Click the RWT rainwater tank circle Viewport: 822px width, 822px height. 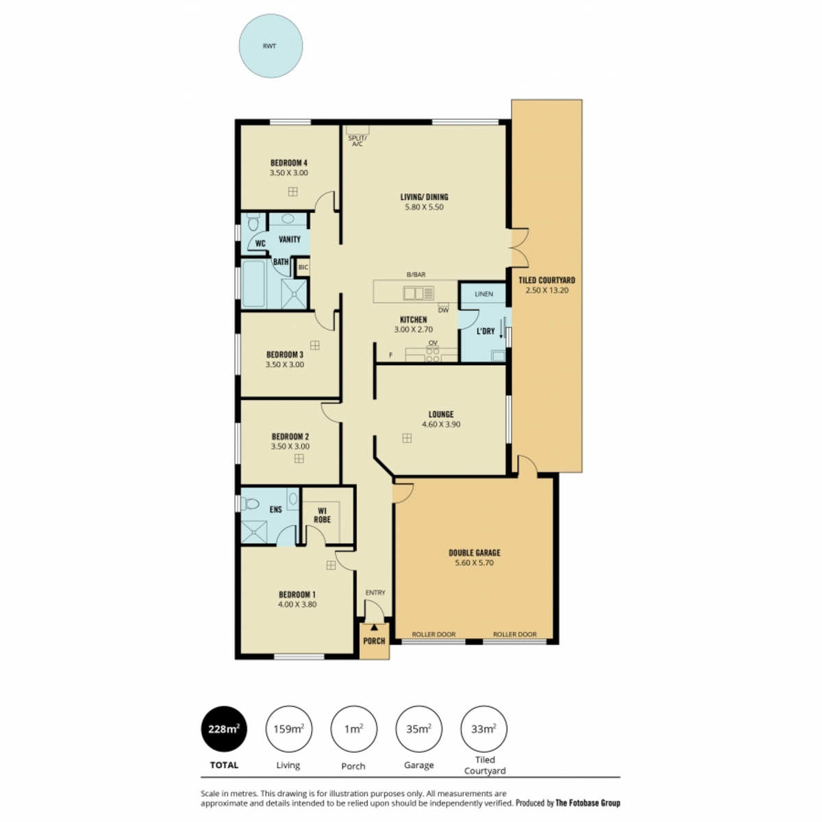(271, 46)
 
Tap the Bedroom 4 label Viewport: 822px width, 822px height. (289, 162)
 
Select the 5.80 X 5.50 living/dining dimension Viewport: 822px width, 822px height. (424, 207)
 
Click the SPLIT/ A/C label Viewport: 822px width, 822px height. (357, 141)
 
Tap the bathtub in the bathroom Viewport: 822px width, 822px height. (254, 283)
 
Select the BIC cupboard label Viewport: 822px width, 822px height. (303, 267)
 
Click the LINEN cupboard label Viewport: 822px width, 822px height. (484, 294)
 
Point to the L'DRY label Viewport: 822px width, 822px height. (486, 331)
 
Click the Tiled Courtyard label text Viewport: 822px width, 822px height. (547, 280)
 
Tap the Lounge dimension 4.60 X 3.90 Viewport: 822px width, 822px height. (441, 424)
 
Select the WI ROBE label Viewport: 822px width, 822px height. (322, 515)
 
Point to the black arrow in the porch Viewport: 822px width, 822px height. (374, 627)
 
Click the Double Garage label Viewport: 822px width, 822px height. (474, 553)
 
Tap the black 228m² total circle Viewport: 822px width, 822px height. (225, 729)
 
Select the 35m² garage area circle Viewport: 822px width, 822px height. (419, 729)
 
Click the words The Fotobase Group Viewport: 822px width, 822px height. (588, 803)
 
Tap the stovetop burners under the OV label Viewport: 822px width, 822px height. (433, 355)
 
